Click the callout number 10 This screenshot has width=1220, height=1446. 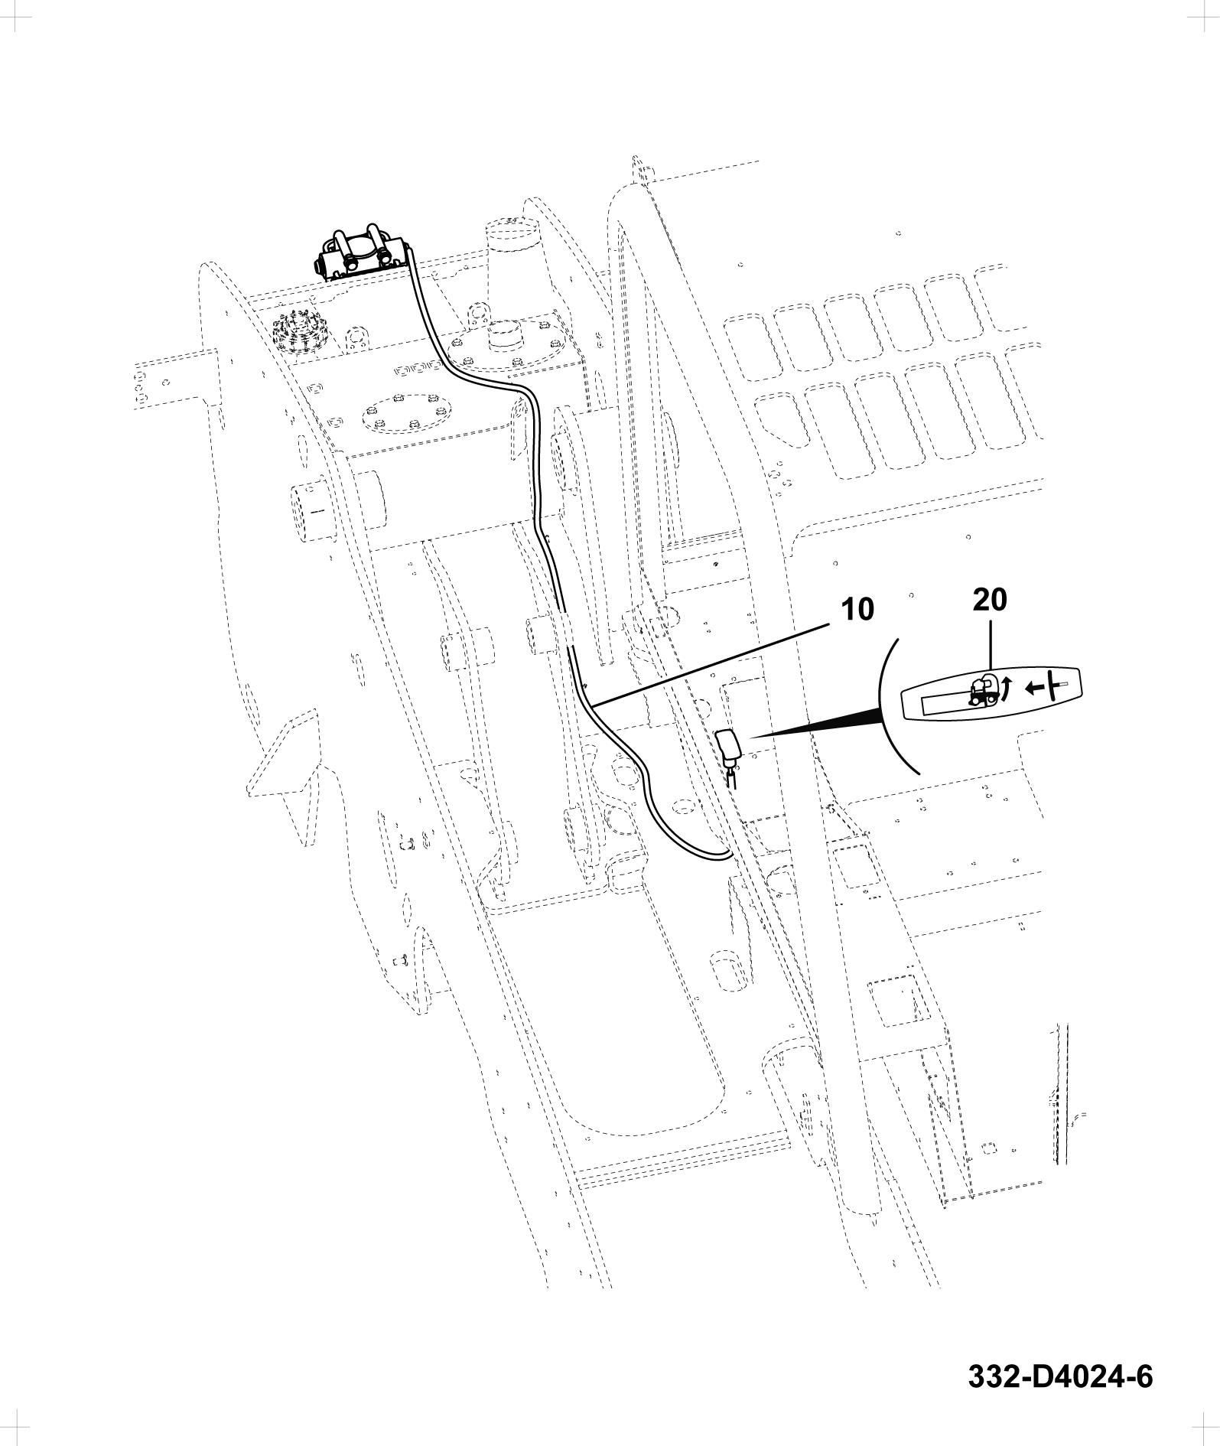click(856, 610)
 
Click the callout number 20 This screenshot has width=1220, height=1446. click(990, 601)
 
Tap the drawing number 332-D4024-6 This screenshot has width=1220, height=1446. click(1060, 1376)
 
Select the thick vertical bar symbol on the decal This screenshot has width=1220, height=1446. click(1053, 686)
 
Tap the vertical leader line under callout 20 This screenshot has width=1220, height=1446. click(990, 643)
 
